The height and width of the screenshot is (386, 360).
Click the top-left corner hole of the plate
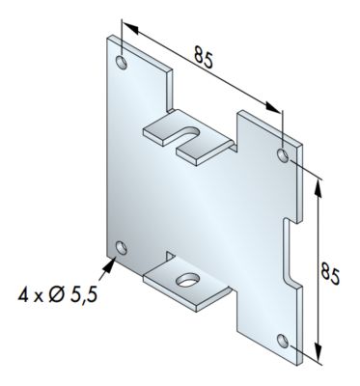click(x=121, y=64)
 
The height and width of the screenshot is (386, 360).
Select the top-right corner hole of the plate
click(x=282, y=155)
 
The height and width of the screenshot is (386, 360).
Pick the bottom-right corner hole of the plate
click(x=283, y=340)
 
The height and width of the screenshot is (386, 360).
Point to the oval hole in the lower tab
click(x=184, y=281)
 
